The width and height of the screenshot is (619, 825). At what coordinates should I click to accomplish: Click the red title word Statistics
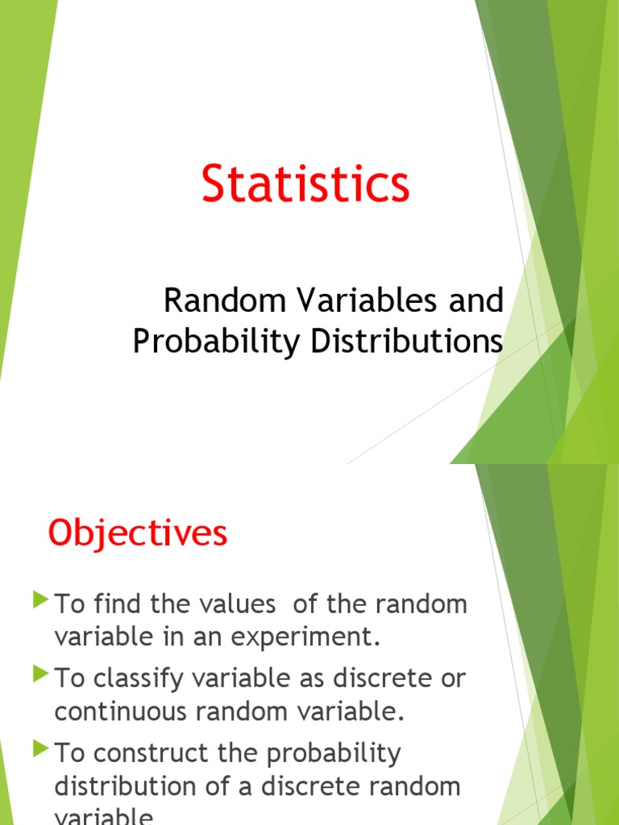(x=305, y=183)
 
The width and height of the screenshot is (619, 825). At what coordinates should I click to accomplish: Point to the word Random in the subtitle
(x=225, y=301)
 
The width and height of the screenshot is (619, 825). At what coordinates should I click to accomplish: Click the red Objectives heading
(x=138, y=533)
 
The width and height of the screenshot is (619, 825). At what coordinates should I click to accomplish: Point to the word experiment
(x=312, y=637)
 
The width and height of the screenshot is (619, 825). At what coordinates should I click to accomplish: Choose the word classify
(x=138, y=679)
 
